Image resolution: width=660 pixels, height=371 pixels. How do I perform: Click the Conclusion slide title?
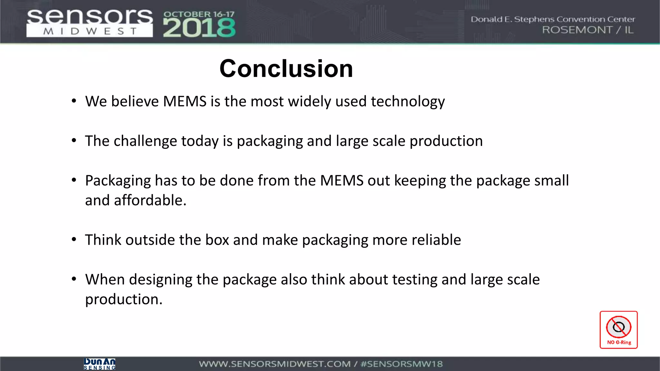click(286, 69)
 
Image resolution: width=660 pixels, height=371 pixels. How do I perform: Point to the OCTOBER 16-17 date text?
click(199, 14)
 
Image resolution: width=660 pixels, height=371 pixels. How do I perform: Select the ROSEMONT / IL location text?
click(587, 30)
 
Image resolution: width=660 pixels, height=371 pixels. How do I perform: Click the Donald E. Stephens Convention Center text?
click(553, 19)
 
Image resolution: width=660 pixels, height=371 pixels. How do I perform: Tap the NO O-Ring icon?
click(618, 329)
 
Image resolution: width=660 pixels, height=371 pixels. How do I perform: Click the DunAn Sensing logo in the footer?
click(99, 364)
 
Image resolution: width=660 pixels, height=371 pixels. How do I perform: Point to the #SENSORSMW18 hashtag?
click(402, 364)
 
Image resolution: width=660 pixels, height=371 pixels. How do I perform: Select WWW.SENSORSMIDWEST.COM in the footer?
click(274, 364)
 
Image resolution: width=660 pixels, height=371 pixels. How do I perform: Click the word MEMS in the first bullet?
click(184, 101)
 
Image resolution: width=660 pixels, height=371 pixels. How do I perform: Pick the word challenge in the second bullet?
click(145, 141)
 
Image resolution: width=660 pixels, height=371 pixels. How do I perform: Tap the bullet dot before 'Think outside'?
click(74, 240)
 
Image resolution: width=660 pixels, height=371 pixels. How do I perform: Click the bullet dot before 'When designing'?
click(74, 279)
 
